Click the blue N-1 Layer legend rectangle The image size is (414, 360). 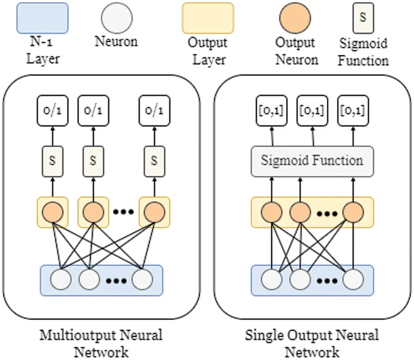[43, 18]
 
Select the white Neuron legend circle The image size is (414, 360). [116, 18]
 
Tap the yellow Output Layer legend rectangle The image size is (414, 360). [208, 18]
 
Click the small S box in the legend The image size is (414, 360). [363, 19]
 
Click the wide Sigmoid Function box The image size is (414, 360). [312, 161]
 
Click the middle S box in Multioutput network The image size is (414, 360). [93, 160]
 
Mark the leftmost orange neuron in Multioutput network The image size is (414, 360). [52, 212]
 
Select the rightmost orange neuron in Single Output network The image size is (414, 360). [353, 212]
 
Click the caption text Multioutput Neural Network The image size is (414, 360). [101, 343]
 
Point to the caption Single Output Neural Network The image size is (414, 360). [312, 343]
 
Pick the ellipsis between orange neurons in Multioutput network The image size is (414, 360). [123, 212]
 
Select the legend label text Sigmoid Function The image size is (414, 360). [363, 52]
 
